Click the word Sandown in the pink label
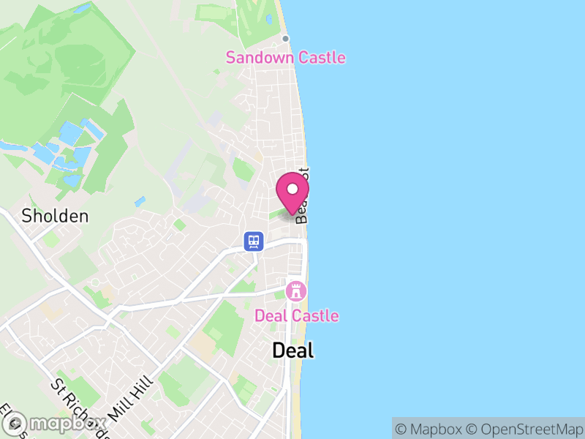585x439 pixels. pos(257,57)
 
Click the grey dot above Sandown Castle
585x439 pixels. pos(286,39)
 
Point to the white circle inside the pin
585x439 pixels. pos(292,190)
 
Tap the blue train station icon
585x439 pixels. pos(254,241)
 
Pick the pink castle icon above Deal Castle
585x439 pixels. pos(296,290)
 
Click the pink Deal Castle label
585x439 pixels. pos(296,316)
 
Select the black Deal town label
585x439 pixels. pos(292,350)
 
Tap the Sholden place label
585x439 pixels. pos(55,216)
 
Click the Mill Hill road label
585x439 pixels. pos(132,397)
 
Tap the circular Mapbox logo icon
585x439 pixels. pos(16,423)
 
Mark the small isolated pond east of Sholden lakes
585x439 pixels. pos(140,200)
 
